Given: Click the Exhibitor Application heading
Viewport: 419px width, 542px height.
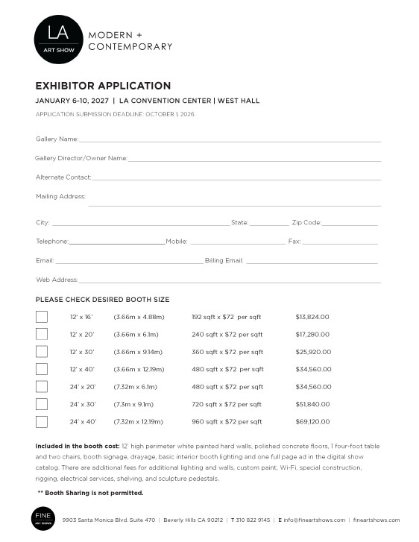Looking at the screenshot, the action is click(x=103, y=86).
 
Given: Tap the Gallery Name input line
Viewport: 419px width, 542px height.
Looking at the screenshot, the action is click(x=230, y=139).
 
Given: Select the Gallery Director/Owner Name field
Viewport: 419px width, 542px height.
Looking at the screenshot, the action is click(x=253, y=159).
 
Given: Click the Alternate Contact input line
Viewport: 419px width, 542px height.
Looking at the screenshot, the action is click(x=236, y=178).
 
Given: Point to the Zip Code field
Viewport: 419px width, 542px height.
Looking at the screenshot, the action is click(x=350, y=223).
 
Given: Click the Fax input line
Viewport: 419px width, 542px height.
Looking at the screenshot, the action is click(x=339, y=242).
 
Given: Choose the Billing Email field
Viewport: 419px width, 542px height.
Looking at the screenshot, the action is click(x=312, y=261).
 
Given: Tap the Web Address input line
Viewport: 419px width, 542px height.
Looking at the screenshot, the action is click(x=230, y=280).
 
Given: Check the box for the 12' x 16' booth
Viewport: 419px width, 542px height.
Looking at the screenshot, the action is click(x=42, y=317).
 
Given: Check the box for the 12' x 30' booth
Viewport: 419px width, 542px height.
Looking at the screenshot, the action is click(x=42, y=352).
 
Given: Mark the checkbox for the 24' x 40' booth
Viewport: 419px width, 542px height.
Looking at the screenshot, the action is click(x=42, y=421).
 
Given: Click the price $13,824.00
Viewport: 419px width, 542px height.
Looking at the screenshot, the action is click(x=312, y=317).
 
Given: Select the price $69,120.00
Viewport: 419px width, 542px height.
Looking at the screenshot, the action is click(x=312, y=421).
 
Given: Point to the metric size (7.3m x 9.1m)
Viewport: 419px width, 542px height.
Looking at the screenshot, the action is click(x=133, y=404).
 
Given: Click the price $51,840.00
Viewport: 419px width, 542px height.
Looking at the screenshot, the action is click(x=312, y=404).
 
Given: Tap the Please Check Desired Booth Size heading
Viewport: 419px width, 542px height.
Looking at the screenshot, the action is click(x=102, y=300).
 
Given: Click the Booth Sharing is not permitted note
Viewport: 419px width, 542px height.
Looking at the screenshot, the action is click(x=90, y=493).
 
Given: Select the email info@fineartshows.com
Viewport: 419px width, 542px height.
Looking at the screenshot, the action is click(x=314, y=520).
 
